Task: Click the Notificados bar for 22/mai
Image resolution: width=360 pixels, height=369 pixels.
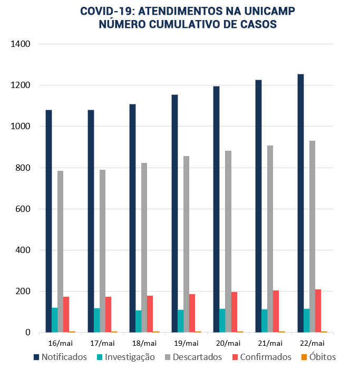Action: point(300,203)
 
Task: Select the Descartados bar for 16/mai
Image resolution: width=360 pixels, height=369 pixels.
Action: point(61,251)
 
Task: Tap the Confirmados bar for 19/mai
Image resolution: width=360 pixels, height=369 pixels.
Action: point(192,313)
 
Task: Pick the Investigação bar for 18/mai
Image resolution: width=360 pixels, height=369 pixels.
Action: point(139,322)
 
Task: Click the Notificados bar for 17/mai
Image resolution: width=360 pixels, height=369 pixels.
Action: point(91,221)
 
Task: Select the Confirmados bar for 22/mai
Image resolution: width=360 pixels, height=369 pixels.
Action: point(318,311)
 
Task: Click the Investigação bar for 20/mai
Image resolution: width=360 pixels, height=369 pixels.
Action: point(222,321)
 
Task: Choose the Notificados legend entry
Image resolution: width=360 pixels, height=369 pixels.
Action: point(60,357)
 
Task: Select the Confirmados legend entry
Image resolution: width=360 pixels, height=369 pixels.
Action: point(261,357)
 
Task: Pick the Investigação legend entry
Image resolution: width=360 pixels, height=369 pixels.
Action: point(125,357)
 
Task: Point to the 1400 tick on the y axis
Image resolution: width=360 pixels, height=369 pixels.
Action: point(21,44)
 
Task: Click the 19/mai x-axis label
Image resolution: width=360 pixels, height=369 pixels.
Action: point(187,343)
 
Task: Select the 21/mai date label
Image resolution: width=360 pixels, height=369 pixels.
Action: point(270,343)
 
